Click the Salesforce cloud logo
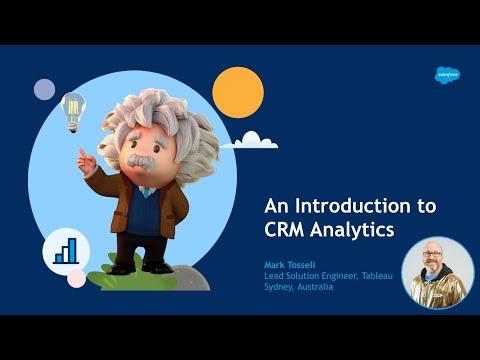[447, 75]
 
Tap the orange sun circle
[238, 92]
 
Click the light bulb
[73, 113]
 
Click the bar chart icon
[66, 251]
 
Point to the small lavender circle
[44, 89]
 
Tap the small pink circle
[77, 278]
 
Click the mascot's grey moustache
[142, 161]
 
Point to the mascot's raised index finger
[82, 154]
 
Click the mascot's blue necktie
[146, 193]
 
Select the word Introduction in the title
[353, 206]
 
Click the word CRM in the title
[284, 229]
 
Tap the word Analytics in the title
[352, 230]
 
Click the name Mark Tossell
[289, 265]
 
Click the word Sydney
[279, 287]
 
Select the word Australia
[315, 287]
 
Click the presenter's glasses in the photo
[432, 254]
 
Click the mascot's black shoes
[140, 268]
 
